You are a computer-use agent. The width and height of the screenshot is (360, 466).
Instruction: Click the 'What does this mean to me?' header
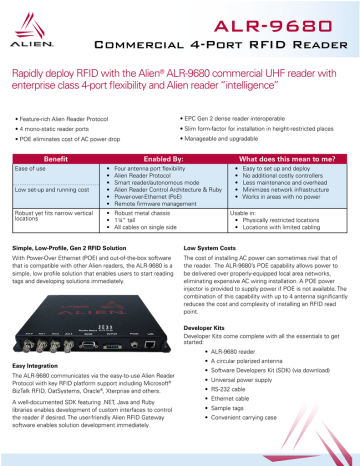(282, 158)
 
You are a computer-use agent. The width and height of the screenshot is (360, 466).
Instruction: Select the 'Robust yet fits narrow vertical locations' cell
(50, 219)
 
